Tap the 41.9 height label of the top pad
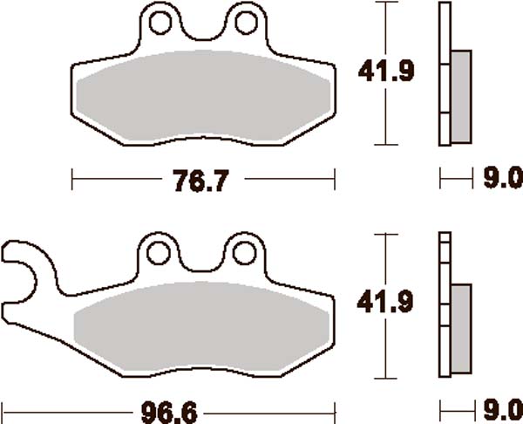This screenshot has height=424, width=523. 384,74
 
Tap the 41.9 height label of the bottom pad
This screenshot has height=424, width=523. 384,303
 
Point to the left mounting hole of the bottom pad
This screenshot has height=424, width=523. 158,253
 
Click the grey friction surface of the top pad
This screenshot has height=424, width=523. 202,98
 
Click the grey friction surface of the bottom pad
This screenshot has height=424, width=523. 202,332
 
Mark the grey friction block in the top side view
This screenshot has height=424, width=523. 460,96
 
